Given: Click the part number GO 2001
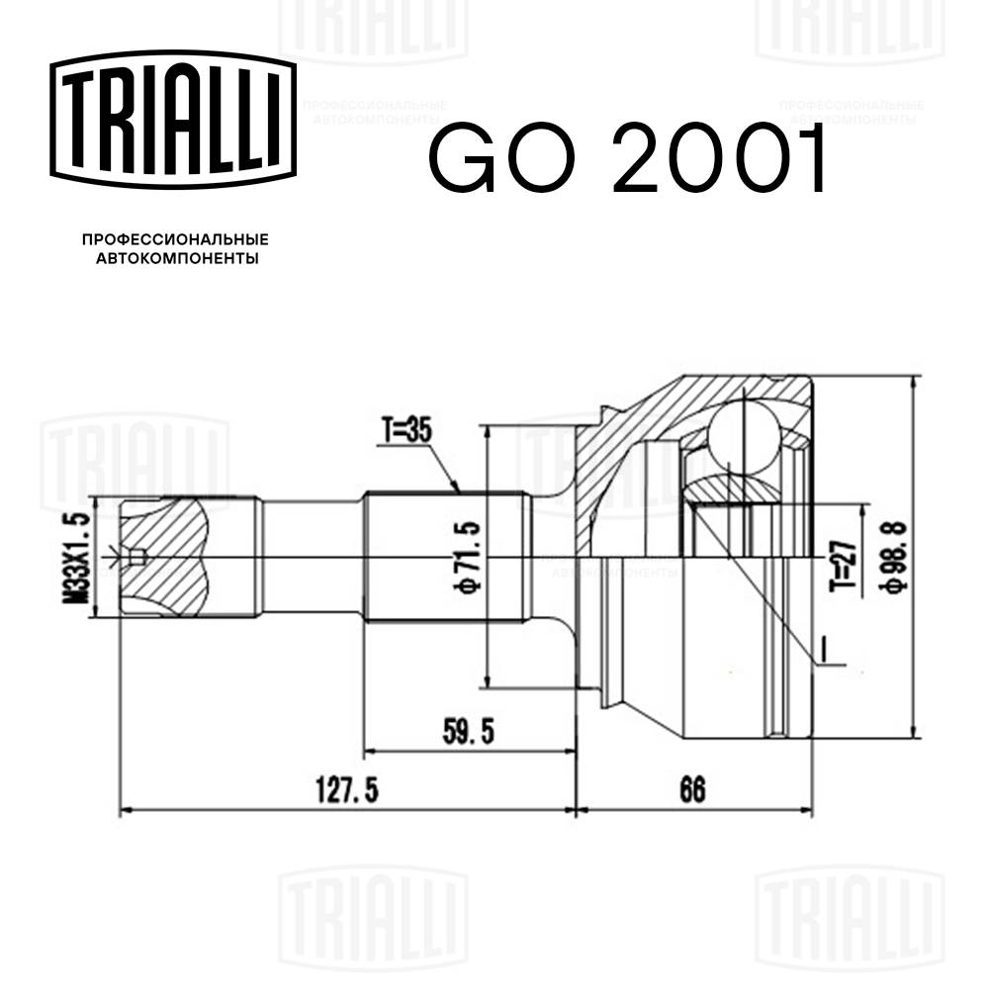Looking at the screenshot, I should (x=625, y=161).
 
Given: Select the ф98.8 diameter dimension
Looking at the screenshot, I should (x=888, y=560).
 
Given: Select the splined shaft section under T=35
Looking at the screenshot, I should (x=445, y=559).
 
